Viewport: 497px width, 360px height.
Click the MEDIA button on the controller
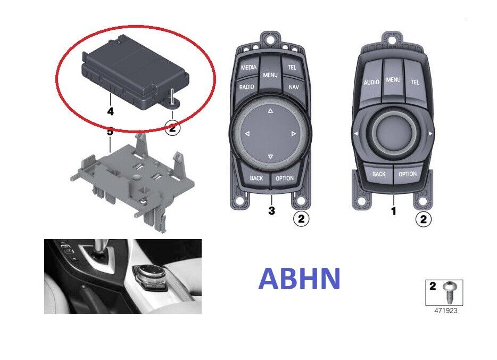pos(248,67)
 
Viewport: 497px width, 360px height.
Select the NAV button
pos(294,86)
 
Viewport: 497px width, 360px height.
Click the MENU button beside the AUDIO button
pos(393,80)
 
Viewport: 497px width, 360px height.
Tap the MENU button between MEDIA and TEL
pos(270,75)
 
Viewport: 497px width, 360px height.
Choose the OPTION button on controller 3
pos(285,178)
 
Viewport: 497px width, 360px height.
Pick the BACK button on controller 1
pos(379,174)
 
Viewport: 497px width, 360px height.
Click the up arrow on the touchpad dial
pos(270,111)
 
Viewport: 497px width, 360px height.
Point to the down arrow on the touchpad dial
pos(270,157)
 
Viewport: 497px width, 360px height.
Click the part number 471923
pos(446,310)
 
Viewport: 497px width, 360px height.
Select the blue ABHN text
pos(300,279)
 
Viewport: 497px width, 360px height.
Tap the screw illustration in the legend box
pos(450,291)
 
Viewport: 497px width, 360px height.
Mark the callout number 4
pos(110,111)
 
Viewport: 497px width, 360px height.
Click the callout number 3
pos(271,210)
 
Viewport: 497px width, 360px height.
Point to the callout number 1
pos(394,211)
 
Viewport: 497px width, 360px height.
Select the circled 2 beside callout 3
pos(301,218)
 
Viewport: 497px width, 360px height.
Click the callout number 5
pos(110,132)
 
